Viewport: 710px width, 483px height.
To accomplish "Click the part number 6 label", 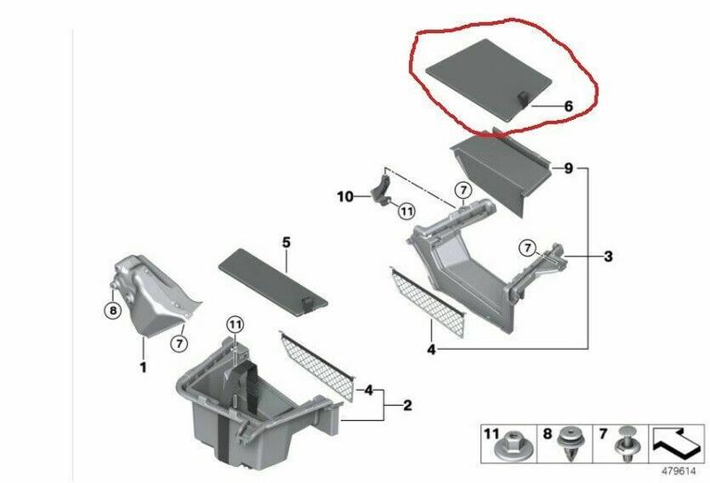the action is [x=568, y=106].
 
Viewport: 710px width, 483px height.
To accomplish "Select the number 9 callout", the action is [x=568, y=168].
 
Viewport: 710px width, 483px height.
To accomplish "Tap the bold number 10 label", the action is [x=345, y=196].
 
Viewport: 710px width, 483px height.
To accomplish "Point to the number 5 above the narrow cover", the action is [x=286, y=242].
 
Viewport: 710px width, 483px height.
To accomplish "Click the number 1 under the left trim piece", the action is [x=143, y=367].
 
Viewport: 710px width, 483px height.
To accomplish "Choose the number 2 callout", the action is [x=407, y=405].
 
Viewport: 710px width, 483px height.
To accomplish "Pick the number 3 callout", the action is [x=608, y=256].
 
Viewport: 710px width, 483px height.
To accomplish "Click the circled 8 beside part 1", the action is [x=113, y=311].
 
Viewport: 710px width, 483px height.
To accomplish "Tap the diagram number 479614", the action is [x=678, y=471].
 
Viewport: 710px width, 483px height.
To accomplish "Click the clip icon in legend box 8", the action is [x=570, y=444].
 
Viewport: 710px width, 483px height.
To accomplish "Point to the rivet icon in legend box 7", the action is [x=627, y=444].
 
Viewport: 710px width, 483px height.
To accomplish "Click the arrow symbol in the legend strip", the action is [x=677, y=443].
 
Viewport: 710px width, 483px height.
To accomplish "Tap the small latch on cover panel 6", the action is [x=524, y=99].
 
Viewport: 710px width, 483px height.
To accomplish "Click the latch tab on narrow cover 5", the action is [x=307, y=304].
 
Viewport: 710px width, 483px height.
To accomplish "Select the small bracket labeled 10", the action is [x=382, y=192].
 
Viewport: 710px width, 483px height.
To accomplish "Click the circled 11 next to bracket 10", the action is [x=406, y=210].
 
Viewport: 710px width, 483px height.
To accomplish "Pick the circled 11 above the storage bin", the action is [x=234, y=324].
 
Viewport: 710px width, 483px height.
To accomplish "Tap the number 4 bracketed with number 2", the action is [x=369, y=390].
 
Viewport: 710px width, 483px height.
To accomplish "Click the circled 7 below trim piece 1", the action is [x=179, y=344].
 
